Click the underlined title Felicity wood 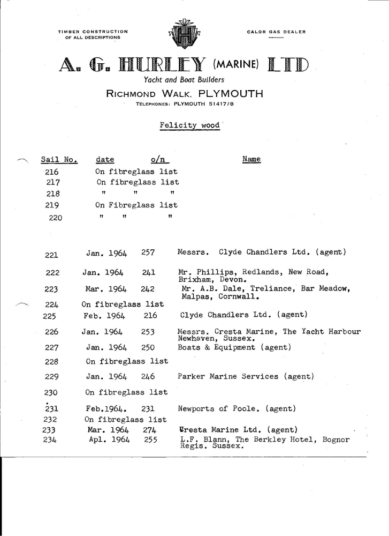click(189, 125)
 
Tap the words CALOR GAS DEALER click(276, 32)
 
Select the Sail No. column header click(59, 160)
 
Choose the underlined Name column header click(251, 159)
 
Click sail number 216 click(52, 172)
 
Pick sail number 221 click(52, 253)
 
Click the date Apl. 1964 click(110, 440)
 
